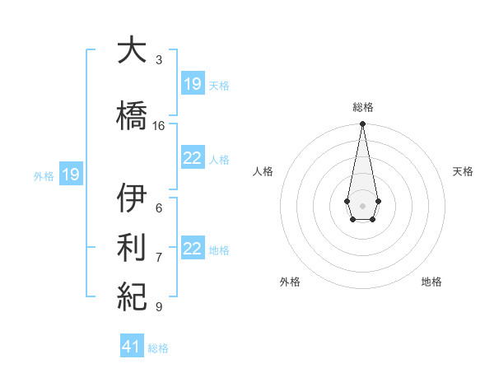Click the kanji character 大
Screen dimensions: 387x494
coord(132,51)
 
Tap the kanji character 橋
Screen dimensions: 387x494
coord(132,115)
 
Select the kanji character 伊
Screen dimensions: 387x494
coord(132,199)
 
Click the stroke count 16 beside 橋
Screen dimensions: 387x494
coord(159,126)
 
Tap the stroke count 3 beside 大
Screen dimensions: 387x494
coord(159,60)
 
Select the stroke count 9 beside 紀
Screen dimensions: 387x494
coord(159,306)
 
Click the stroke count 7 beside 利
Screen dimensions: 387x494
coord(159,258)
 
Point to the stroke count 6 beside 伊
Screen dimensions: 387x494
coord(159,208)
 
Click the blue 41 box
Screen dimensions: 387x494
coord(132,347)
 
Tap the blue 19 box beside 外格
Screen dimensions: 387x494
coord(70,175)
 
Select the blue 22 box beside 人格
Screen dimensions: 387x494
coord(193,158)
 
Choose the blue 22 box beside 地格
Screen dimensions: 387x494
coord(193,249)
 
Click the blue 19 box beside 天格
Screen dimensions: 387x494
coord(193,83)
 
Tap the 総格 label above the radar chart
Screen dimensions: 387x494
coord(362,107)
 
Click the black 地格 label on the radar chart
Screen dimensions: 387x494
coord(431,282)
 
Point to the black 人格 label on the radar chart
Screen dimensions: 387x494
coord(263,171)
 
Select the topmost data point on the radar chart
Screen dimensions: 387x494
coord(362,124)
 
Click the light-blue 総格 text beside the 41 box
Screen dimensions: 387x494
coord(158,348)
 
